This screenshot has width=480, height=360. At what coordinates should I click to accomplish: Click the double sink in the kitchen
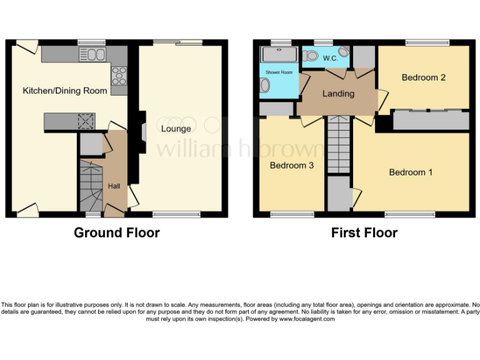pos(92,54)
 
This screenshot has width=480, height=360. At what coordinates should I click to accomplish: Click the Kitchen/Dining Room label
pos(65,91)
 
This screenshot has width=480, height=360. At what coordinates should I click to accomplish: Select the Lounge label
pos(176,129)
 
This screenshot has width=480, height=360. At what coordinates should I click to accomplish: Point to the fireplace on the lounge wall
pos(143,131)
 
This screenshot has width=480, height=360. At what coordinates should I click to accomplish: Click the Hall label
pos(115,186)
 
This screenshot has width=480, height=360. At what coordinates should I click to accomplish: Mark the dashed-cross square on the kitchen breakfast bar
pos(86,121)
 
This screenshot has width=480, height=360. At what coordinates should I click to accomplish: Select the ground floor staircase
pos(91,186)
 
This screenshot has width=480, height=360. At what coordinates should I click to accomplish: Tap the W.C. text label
pos(330,58)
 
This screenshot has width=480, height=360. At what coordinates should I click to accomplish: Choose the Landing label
pos(338,94)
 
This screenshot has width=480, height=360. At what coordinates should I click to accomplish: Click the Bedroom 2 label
pos(423,77)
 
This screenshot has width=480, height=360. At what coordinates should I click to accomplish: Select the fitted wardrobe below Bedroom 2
pos(430,120)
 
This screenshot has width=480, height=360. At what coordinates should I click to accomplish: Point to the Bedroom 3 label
pos(291,166)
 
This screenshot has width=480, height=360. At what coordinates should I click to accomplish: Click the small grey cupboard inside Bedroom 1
pos(339,194)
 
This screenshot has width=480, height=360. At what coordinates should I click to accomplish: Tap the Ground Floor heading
pos(117,233)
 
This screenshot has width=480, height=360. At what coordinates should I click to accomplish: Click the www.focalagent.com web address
pos(306,319)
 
